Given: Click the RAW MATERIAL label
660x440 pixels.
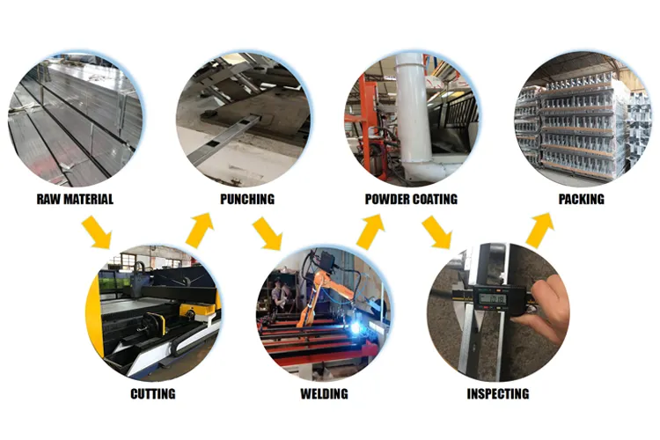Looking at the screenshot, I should tap(75, 199).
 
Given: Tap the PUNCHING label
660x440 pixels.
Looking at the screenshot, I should tap(246, 199).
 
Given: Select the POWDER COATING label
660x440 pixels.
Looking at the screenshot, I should tap(411, 199).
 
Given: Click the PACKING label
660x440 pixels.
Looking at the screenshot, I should tap(581, 199).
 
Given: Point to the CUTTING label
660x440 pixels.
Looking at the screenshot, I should tap(152, 393).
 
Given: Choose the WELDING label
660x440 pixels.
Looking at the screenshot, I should tap(324, 393).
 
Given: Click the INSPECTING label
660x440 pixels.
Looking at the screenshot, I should tap(497, 393).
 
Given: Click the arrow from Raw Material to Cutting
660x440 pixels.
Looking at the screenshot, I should tap(97, 232).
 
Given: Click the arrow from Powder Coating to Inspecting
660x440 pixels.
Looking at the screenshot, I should tap(436, 232).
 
